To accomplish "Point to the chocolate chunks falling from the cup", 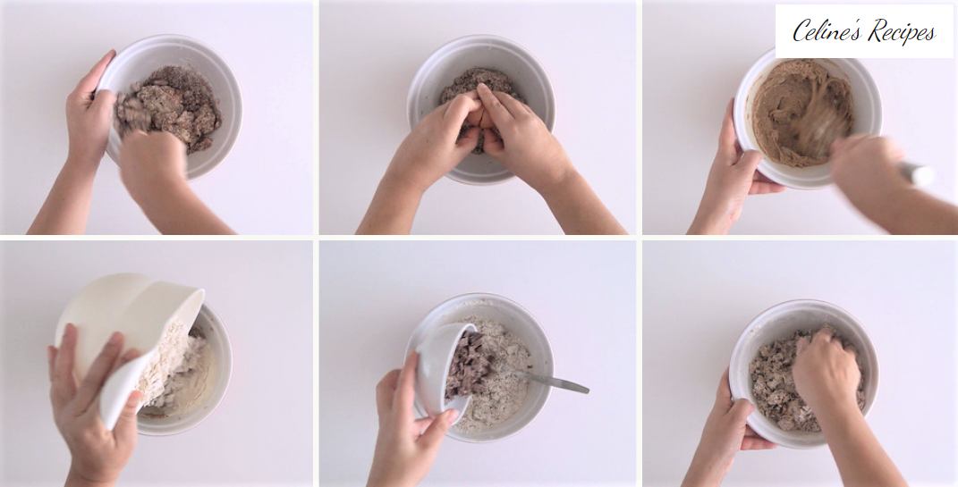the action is [468, 364].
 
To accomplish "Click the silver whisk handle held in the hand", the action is [917, 173].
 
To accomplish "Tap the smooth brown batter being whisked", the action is [801, 113].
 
